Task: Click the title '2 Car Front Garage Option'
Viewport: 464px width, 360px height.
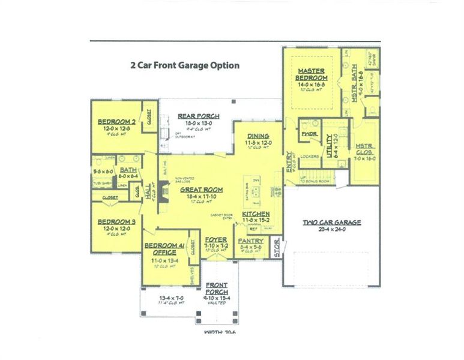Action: pyautogui.click(x=185, y=65)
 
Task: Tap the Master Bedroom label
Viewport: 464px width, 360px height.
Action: pyautogui.click(x=312, y=74)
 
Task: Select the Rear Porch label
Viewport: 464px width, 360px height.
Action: pyautogui.click(x=198, y=116)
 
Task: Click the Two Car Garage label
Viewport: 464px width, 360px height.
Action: pyautogui.click(x=331, y=223)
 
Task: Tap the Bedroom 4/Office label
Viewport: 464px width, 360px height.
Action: pyautogui.click(x=160, y=248)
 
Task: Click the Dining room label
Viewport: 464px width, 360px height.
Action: pyautogui.click(x=258, y=136)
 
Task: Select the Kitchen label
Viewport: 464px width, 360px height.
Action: pyautogui.click(x=255, y=214)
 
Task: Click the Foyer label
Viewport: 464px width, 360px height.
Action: pyautogui.click(x=216, y=239)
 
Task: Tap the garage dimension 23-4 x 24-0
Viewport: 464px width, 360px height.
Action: pyautogui.click(x=331, y=229)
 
